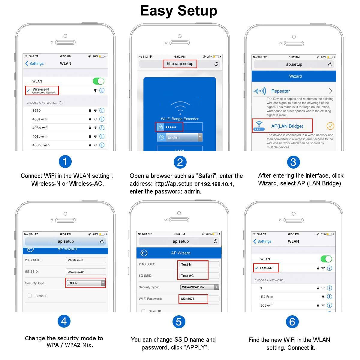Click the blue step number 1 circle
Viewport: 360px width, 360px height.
(65, 162)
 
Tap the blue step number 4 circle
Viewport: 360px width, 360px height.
(64, 321)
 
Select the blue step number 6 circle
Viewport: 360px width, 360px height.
(292, 322)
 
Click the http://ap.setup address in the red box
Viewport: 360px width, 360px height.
(180, 64)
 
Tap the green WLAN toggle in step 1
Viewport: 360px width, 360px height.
(98, 81)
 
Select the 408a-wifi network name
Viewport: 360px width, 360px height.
(40, 119)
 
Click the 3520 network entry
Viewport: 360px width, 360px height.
(36, 110)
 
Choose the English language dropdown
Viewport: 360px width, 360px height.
(180, 137)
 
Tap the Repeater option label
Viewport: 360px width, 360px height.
(280, 91)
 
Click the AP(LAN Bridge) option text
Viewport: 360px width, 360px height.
(287, 126)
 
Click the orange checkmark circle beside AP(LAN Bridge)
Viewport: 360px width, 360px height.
(330, 126)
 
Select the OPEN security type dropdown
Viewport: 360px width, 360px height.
(86, 283)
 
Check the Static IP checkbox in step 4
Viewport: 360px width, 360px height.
(30, 296)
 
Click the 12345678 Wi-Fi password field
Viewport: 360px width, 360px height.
(193, 299)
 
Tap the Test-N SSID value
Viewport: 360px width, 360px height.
(186, 264)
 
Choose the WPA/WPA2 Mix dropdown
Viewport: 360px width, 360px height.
(199, 287)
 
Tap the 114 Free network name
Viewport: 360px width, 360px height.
(267, 297)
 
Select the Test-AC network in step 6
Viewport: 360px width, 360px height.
(266, 268)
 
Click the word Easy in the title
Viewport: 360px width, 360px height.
(156, 11)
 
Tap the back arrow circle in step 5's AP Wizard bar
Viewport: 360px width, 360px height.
(144, 253)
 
